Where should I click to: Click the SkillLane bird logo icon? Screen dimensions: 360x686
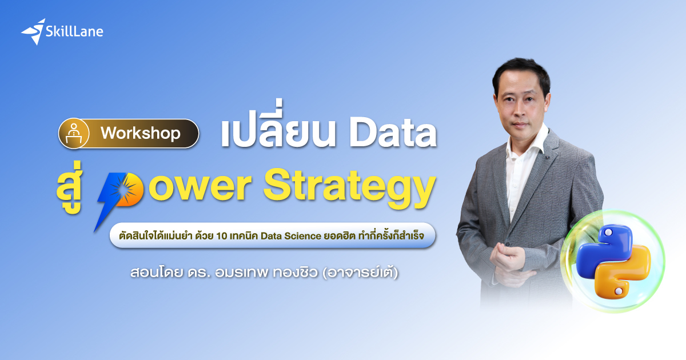pyautogui.click(x=34, y=31)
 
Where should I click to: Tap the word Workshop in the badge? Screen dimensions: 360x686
pyautogui.click(x=140, y=134)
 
